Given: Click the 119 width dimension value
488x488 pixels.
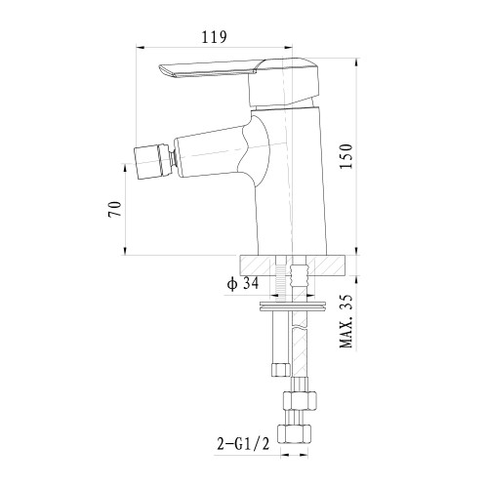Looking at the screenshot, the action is (214, 37).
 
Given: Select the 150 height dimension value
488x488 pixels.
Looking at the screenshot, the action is (346, 156).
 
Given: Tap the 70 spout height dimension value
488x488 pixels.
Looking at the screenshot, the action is (115, 209).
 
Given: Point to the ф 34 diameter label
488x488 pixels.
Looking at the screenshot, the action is (243, 284).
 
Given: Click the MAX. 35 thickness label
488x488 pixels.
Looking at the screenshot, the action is (346, 321).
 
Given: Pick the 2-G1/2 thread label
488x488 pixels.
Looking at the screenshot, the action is (243, 444).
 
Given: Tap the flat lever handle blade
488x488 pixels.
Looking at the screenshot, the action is (208, 69).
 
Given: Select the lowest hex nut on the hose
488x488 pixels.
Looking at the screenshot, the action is (294, 433).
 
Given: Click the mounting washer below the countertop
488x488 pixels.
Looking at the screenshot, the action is (293, 306).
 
